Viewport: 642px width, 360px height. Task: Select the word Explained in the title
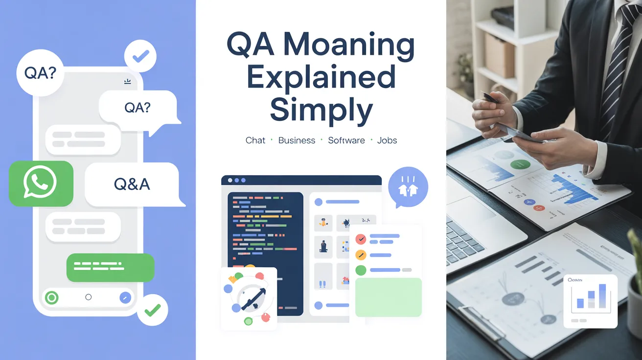click(x=321, y=77)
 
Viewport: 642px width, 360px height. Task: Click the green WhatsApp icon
click(x=41, y=183)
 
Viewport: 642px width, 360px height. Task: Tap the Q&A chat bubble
click(x=132, y=184)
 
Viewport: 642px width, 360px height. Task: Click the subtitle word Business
click(x=297, y=140)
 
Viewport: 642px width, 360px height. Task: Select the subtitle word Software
click(x=346, y=140)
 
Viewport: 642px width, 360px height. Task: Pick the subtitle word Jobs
click(x=387, y=140)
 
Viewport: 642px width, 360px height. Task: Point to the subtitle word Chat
click(x=255, y=140)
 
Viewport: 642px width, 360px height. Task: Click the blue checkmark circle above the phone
click(x=140, y=56)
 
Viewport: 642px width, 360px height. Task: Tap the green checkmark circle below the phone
click(x=153, y=309)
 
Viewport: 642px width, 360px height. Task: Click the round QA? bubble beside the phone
click(x=40, y=74)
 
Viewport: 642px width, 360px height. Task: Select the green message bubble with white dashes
click(x=110, y=267)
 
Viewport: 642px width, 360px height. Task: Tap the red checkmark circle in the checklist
click(x=361, y=239)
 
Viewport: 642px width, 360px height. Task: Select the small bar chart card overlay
click(x=590, y=300)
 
